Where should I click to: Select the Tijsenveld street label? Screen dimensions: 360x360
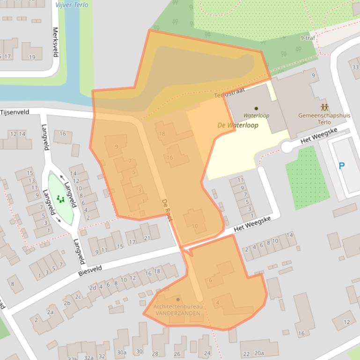(x=15, y=113)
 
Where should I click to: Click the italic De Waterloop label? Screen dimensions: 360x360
(x=238, y=125)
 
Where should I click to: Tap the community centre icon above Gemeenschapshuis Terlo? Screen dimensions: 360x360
(x=324, y=107)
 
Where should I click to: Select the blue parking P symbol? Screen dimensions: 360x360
(x=342, y=166)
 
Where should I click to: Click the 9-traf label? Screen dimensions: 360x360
(x=308, y=38)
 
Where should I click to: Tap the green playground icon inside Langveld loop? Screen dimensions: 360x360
(x=60, y=199)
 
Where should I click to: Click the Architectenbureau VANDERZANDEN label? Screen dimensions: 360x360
(x=178, y=309)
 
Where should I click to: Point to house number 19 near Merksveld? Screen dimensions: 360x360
(x=32, y=57)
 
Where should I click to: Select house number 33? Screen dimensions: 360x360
(x=356, y=67)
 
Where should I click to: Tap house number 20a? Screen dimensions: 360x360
(x=259, y=353)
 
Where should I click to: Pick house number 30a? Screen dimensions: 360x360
(x=122, y=353)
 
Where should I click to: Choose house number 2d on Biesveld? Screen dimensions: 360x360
(x=93, y=288)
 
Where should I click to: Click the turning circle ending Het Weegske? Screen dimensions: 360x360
(x=287, y=148)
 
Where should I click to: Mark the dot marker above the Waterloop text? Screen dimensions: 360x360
(x=256, y=108)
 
